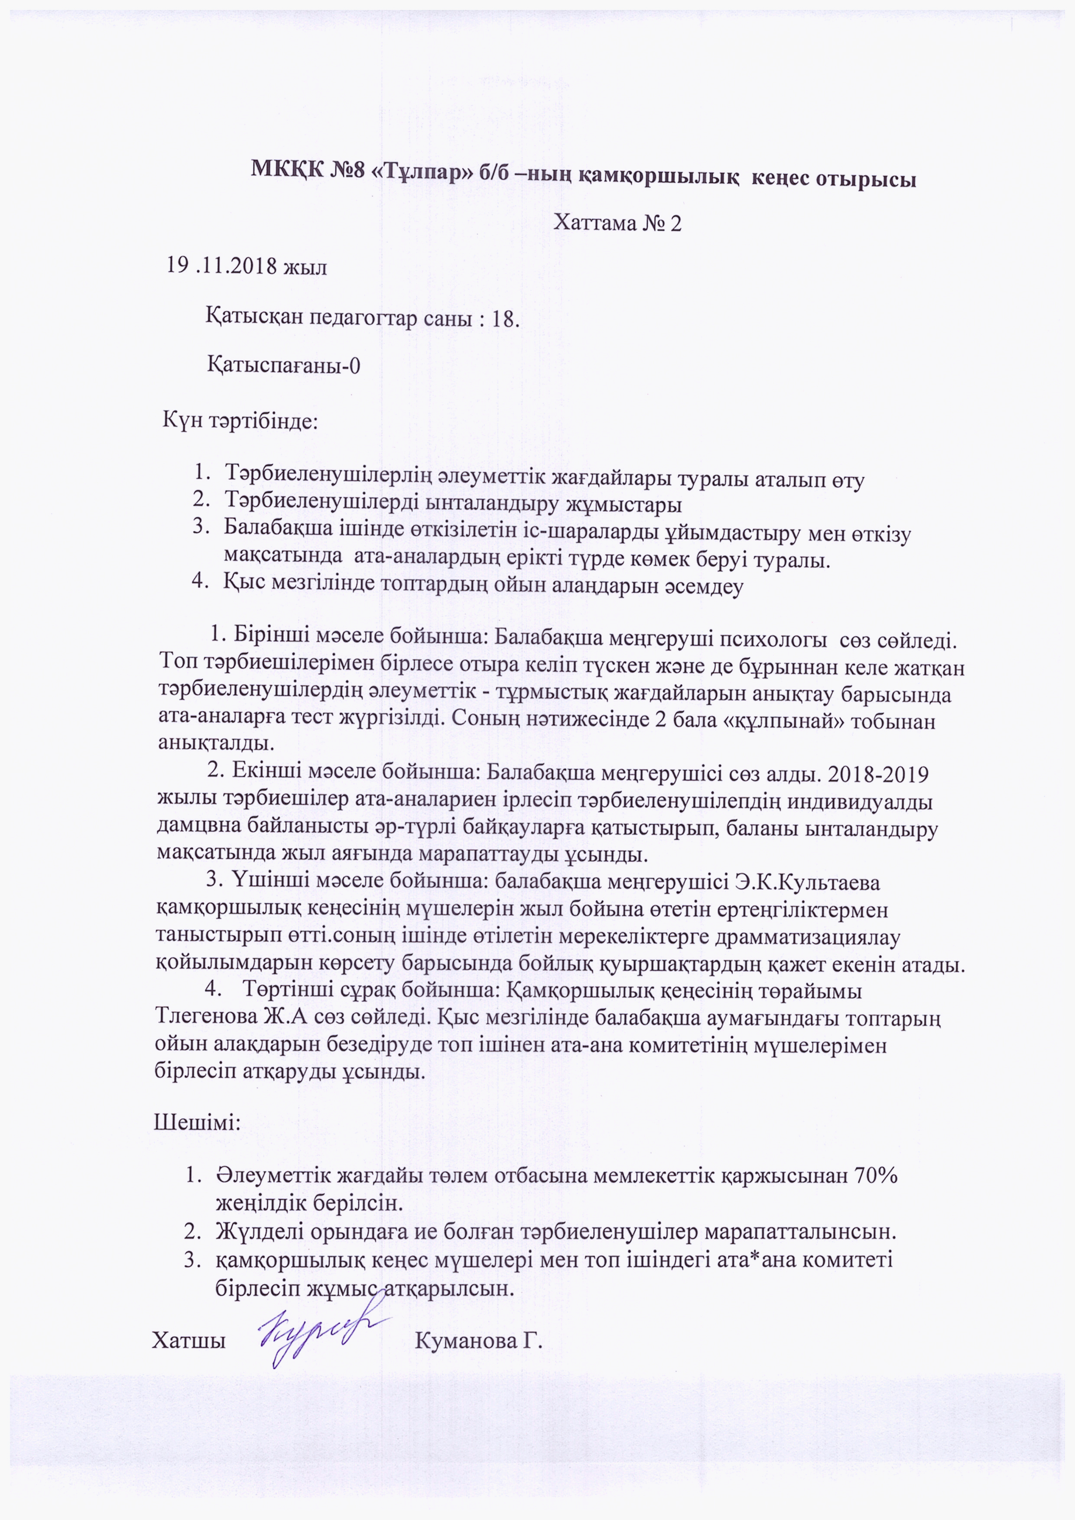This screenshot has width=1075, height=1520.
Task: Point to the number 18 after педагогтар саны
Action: point(503,319)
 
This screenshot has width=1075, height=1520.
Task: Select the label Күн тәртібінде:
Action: point(240,421)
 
